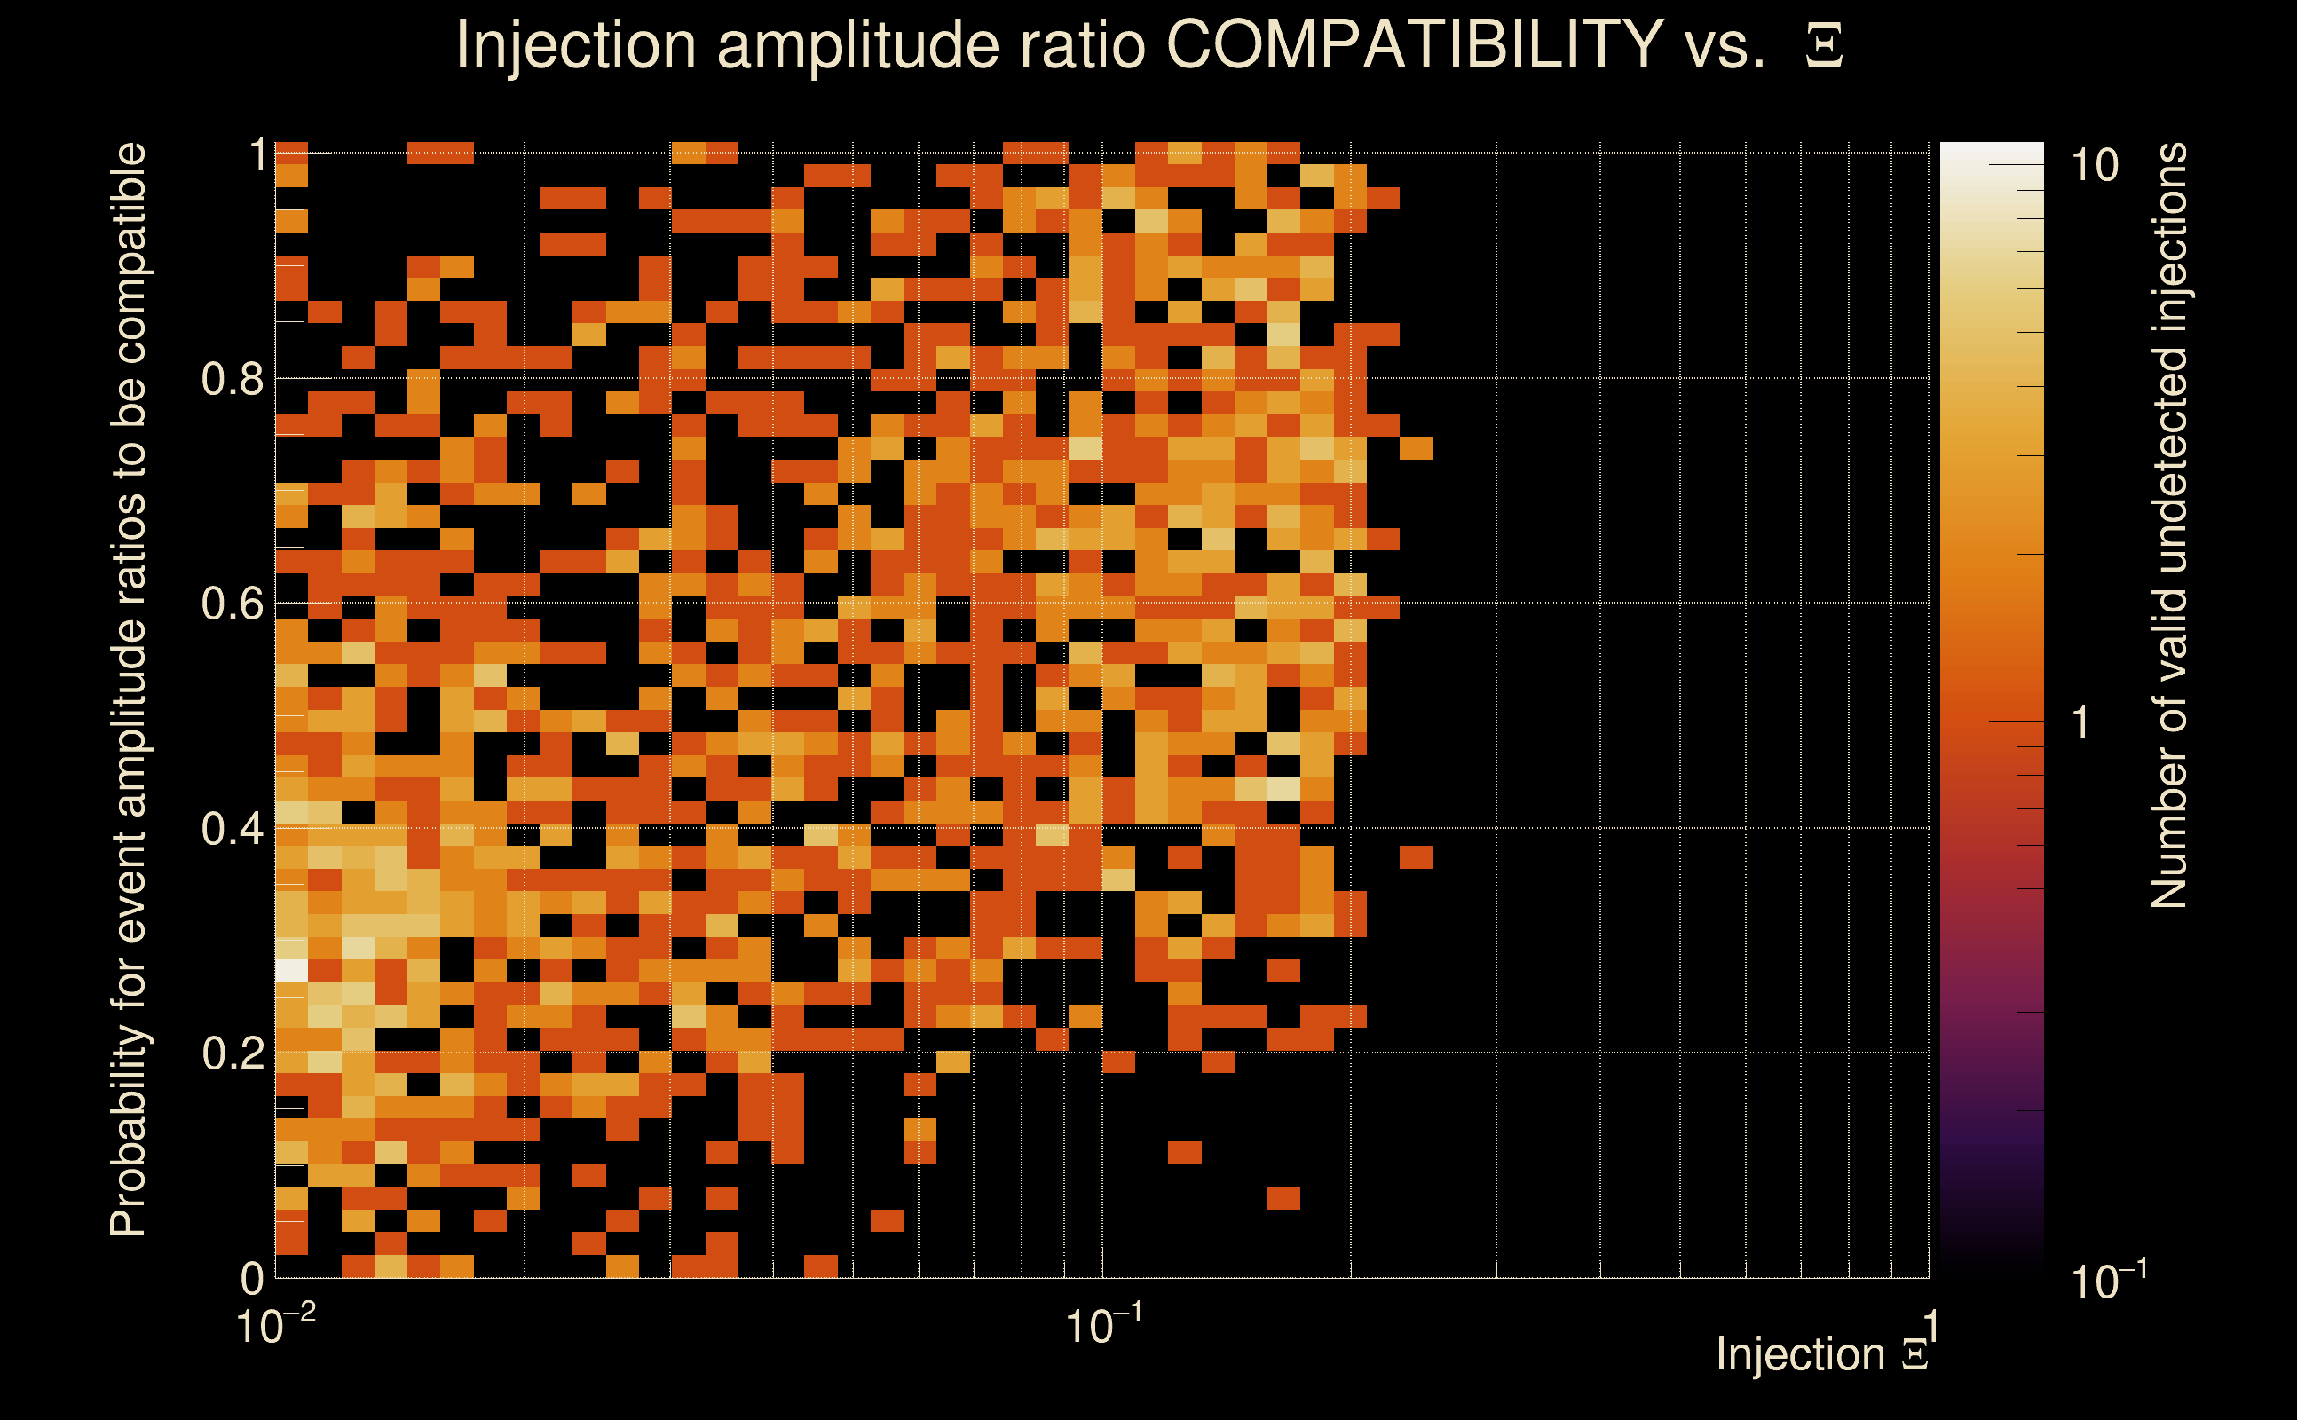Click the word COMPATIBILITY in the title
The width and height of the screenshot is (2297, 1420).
(1414, 44)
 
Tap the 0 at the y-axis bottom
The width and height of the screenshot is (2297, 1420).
(252, 1278)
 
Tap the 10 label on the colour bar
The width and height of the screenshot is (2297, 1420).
(2094, 166)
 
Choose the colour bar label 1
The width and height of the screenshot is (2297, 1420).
(2081, 722)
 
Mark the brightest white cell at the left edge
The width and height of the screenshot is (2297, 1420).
(291, 970)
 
